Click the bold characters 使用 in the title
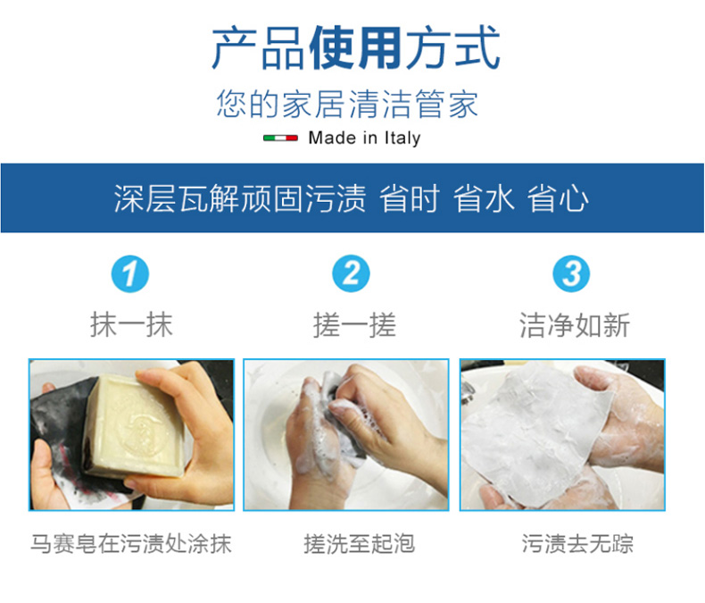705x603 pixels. click(355, 48)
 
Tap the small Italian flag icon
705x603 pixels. click(280, 138)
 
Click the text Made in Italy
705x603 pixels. click(364, 138)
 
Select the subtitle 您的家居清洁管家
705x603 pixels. click(346, 104)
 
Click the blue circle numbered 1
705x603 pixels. click(130, 273)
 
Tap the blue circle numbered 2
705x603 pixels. click(351, 273)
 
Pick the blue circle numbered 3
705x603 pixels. click(571, 273)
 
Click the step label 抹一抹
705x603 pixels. click(131, 324)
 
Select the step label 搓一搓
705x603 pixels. click(354, 324)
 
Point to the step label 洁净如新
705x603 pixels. click(574, 324)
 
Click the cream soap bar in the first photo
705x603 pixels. click(135, 425)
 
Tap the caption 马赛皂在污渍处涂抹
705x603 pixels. click(131, 544)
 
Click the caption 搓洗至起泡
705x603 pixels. click(359, 544)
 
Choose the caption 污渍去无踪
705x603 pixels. click(577, 544)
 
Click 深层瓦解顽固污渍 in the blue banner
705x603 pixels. click(240, 198)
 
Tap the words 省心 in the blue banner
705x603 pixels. click(558, 198)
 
